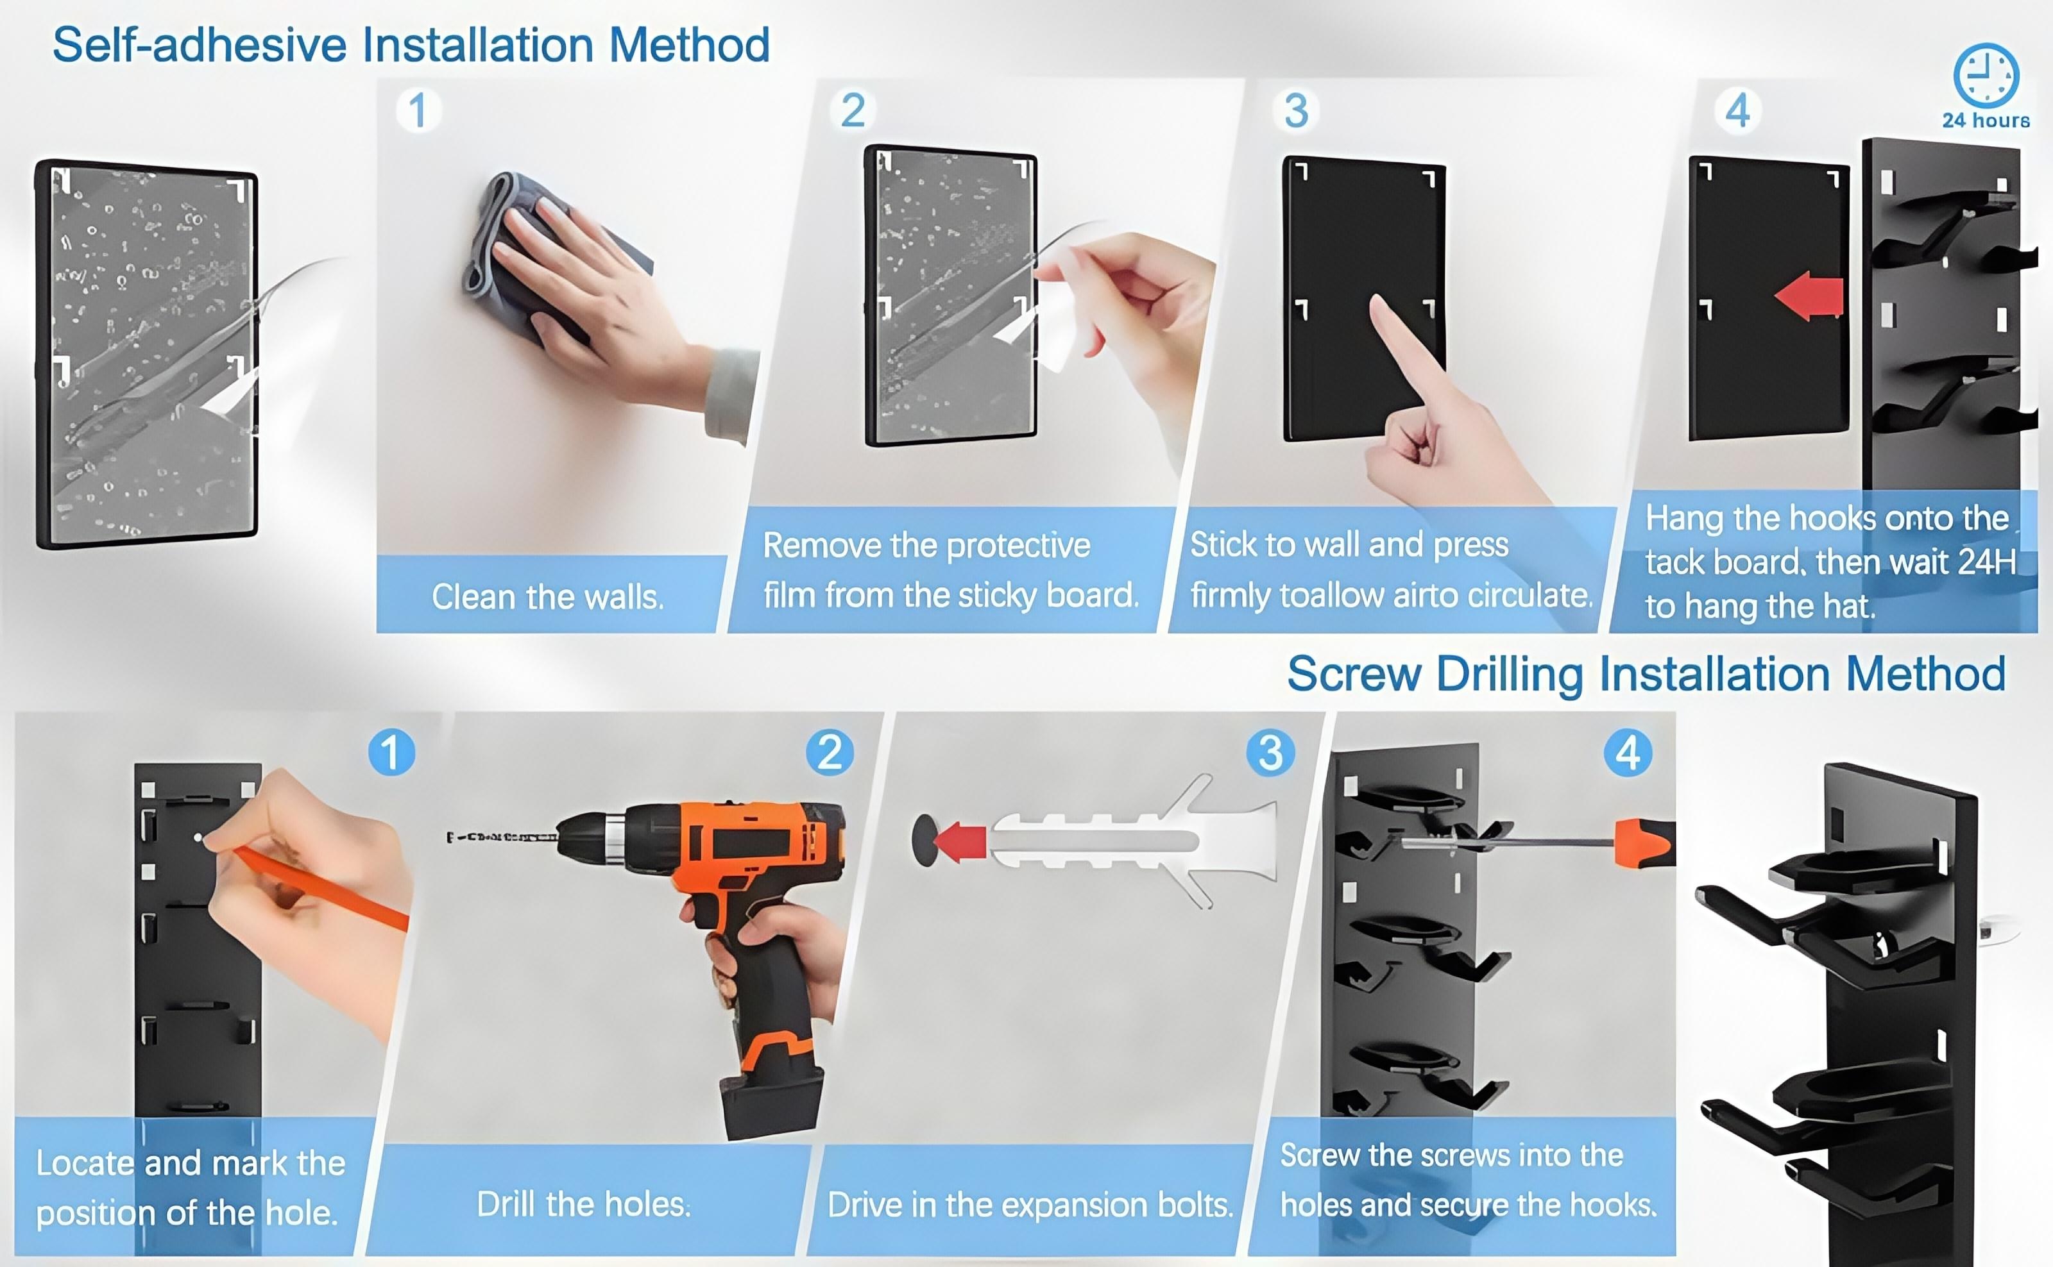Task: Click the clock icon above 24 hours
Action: tap(1986, 76)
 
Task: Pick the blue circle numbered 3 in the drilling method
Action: tap(1270, 753)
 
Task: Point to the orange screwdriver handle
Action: tap(1645, 842)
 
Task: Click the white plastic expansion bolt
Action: tap(1132, 841)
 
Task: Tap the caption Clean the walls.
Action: tap(547, 598)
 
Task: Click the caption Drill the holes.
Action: tap(583, 1204)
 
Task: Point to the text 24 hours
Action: tap(1986, 121)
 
